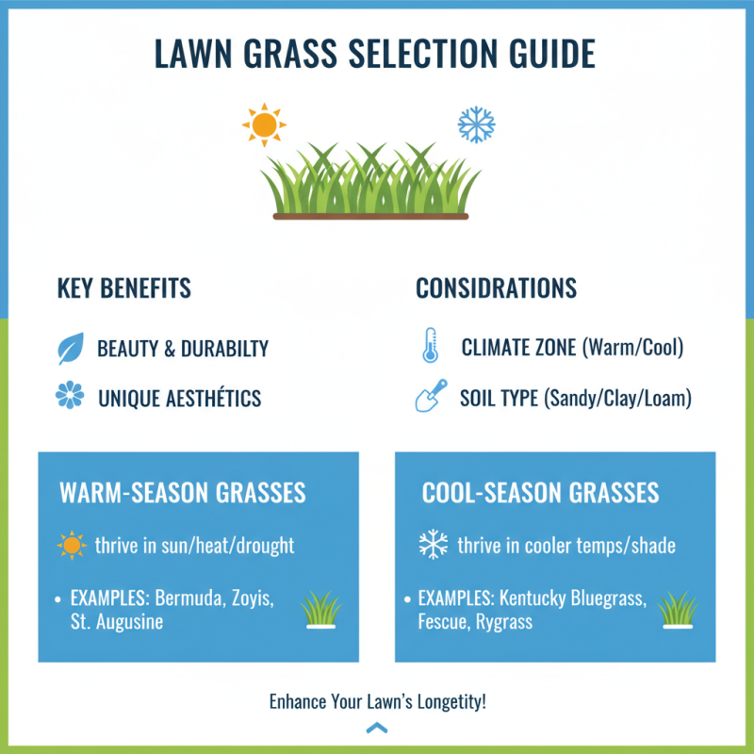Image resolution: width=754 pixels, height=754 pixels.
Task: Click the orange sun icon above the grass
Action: (264, 123)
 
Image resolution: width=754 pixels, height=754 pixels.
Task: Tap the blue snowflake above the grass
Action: (476, 123)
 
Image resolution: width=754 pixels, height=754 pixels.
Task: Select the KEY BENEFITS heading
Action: (124, 288)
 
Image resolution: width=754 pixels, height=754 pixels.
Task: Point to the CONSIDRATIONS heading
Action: (497, 288)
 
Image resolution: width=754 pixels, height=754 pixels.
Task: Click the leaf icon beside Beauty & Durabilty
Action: (71, 349)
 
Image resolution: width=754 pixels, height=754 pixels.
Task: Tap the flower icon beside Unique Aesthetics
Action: (71, 397)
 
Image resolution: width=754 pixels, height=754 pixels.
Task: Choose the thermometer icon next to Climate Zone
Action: (429, 348)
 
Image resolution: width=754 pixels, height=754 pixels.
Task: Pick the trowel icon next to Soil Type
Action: (430, 397)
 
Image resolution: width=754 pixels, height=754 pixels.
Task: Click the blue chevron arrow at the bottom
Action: (377, 728)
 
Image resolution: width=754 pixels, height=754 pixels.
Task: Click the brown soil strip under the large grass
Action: (369, 216)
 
